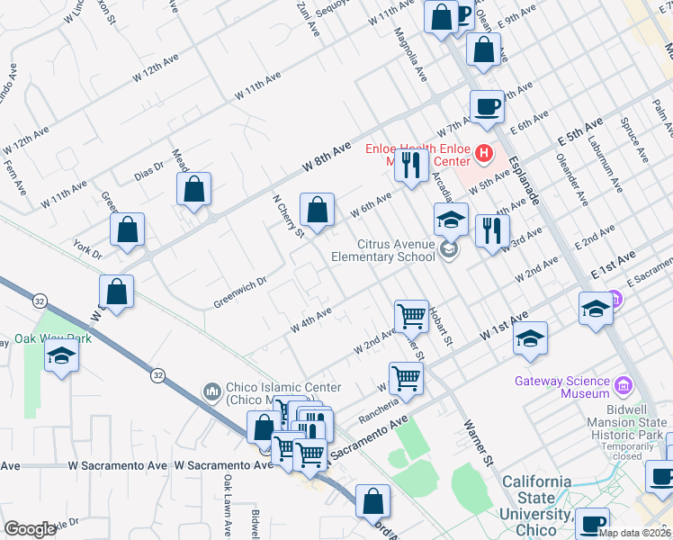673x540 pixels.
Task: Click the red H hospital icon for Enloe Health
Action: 484,154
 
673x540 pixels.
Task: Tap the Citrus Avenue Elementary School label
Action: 382,250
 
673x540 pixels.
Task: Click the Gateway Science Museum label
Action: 563,387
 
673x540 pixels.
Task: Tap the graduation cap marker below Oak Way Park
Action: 62,356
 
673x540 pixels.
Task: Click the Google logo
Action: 30,529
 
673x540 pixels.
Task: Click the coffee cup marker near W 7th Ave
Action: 487,106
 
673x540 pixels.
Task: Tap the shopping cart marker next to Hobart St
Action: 411,316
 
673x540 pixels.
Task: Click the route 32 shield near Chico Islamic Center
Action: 158,374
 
